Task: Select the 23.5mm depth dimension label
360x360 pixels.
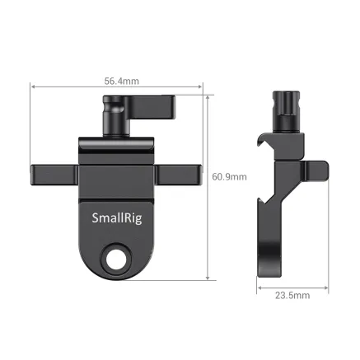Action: (x=292, y=294)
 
